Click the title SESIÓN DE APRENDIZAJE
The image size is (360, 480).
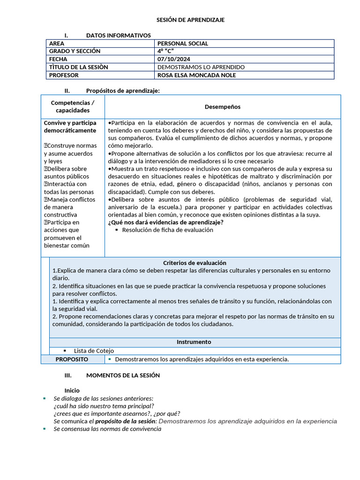(190, 20)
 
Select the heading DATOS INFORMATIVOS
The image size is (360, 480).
(118, 36)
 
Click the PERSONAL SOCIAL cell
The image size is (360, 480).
(183, 44)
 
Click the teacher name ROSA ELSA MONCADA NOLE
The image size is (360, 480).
(196, 75)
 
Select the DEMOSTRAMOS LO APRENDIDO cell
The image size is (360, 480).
(201, 67)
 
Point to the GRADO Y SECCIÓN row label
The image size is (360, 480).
(75, 52)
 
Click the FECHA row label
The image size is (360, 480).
(58, 60)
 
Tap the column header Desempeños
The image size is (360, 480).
(222, 107)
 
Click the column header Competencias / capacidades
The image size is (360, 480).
(73, 106)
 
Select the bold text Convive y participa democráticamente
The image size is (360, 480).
(70, 127)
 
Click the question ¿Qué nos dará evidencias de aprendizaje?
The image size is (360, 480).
(165, 222)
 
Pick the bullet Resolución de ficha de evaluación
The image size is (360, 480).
(167, 230)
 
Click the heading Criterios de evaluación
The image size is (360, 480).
(195, 263)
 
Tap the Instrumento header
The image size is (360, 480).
(194, 342)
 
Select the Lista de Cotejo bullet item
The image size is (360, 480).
(94, 351)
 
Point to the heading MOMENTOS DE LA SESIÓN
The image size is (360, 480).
(123, 375)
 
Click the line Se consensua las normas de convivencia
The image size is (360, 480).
(107, 429)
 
